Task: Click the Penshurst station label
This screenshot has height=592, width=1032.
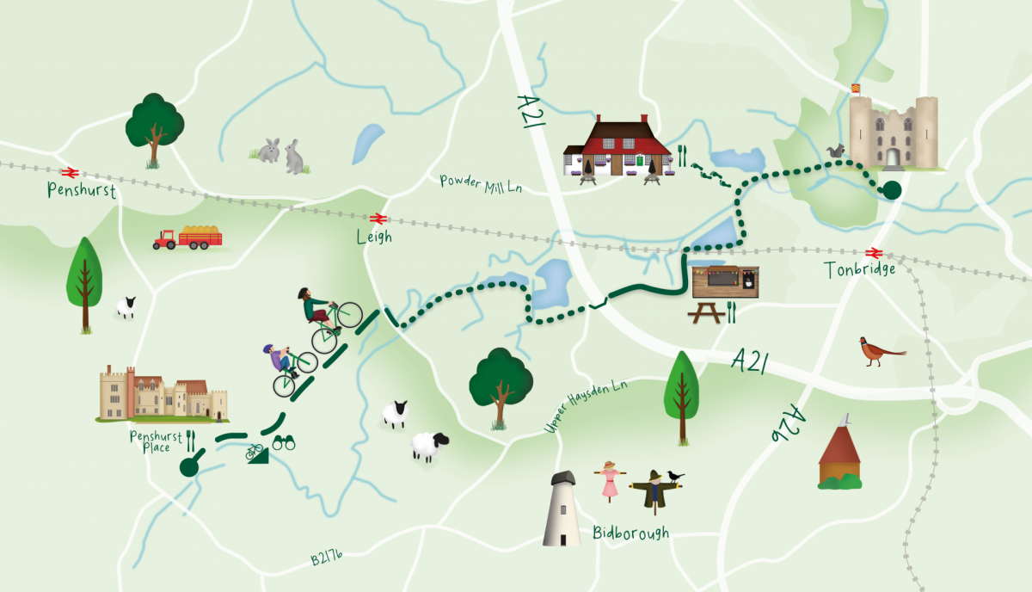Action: click(x=82, y=191)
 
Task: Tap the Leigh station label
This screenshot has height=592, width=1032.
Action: click(x=374, y=237)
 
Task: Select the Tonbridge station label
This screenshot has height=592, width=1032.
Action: click(x=860, y=269)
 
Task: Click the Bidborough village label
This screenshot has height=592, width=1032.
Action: click(x=630, y=533)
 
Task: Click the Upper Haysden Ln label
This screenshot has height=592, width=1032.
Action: click(x=587, y=405)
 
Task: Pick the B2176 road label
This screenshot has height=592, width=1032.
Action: click(x=327, y=558)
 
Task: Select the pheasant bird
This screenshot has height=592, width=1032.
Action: click(x=880, y=351)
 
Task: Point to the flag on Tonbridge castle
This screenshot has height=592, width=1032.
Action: click(x=856, y=89)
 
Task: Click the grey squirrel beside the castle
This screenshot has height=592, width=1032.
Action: click(x=835, y=152)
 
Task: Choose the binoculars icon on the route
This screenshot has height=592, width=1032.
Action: click(x=284, y=443)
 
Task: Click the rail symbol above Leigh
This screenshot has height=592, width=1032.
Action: click(x=376, y=219)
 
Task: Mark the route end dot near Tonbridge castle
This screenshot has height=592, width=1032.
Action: click(x=892, y=189)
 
